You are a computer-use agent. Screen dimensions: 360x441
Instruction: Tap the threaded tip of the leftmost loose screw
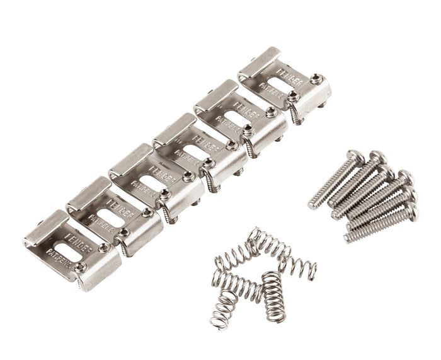point(313,204)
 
